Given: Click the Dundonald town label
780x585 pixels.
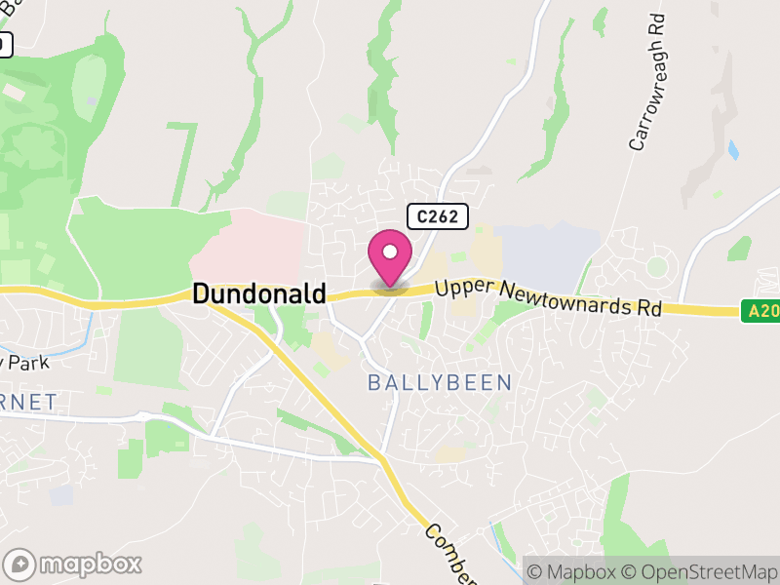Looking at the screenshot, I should [x=259, y=293].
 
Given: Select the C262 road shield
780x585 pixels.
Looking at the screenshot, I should [x=438, y=217].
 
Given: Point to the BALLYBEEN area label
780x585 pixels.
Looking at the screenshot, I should [x=440, y=383].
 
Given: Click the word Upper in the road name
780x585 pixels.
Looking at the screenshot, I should [x=466, y=288].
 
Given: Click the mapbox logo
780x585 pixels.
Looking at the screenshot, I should [x=74, y=564].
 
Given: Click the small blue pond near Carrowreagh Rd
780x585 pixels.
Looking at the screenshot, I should [x=732, y=150].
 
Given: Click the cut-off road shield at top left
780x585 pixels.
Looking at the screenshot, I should [x=5, y=44].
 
